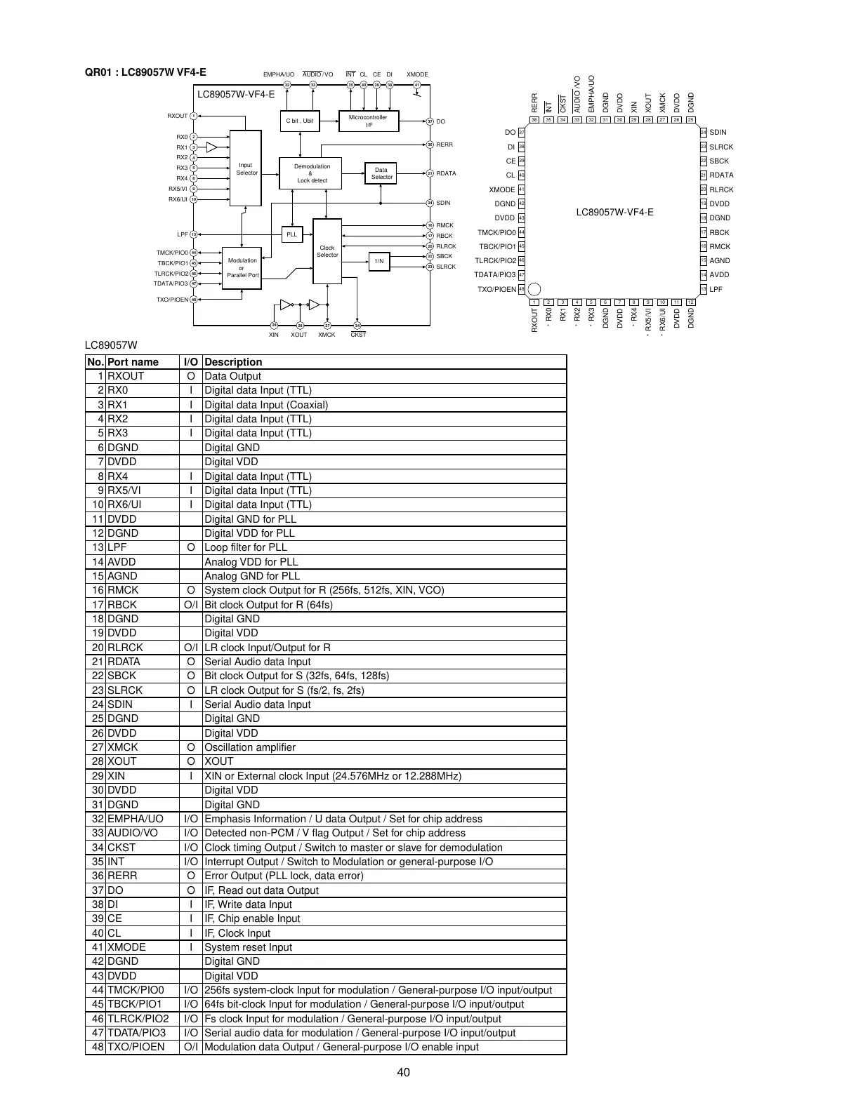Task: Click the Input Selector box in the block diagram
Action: pyautogui.click(x=246, y=168)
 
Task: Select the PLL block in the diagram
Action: pyautogui.click(x=291, y=234)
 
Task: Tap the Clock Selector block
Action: pyautogui.click(x=327, y=251)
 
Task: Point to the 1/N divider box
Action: pyautogui.click(x=378, y=262)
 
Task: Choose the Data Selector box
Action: pyautogui.click(x=381, y=173)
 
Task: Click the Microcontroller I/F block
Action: pyautogui.click(x=368, y=121)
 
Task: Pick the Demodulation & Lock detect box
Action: pyautogui.click(x=311, y=173)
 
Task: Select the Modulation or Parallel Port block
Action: pyautogui.click(x=242, y=268)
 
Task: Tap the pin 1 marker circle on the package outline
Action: pyautogui.click(x=534, y=289)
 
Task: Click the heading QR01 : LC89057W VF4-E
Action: pyautogui.click(x=145, y=72)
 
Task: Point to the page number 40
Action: pyautogui.click(x=403, y=1072)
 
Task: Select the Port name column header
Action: pyautogui.click(x=133, y=362)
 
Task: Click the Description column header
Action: pyautogui.click(x=233, y=362)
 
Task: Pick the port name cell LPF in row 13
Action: pyautogui.click(x=118, y=547)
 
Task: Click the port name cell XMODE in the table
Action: pyautogui.click(x=126, y=947)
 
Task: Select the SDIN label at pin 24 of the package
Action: pyautogui.click(x=718, y=133)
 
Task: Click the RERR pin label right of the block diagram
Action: pyautogui.click(x=445, y=145)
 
